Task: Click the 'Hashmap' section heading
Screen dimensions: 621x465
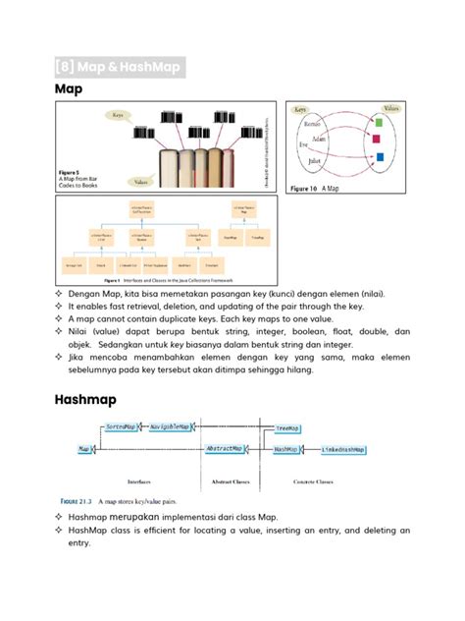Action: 86,401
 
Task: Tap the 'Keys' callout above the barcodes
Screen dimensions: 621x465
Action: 117,114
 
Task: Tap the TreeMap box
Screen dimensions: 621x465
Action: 287,428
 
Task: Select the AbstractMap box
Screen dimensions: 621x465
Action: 224,448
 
